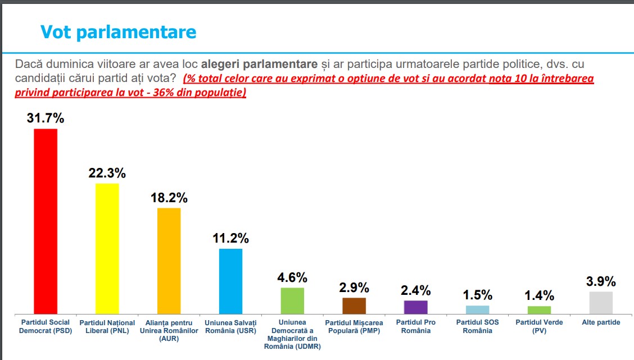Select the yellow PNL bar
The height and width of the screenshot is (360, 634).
pos(107,248)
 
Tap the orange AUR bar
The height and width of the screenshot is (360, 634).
pos(169,261)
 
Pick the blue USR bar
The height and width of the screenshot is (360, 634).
pos(230,281)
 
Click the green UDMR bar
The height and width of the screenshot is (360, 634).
pos(292,300)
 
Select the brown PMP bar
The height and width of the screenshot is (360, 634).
pos(354,306)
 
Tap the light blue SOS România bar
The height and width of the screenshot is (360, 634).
pos(478,309)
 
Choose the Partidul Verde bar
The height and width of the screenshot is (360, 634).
pos(540,309)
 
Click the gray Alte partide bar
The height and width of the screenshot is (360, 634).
pos(601,302)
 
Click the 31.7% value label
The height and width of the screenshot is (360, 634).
pos(46,118)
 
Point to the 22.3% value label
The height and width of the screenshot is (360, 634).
pos(107,173)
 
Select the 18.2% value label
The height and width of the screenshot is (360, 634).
pos(169,198)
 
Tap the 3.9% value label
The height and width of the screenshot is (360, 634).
pos(601,281)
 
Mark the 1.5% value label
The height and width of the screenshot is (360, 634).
pos(478,295)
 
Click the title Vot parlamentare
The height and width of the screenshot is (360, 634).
pos(118,32)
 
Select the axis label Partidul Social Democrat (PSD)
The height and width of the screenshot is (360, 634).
pos(46,326)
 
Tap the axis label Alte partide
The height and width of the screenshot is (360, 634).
pos(601,323)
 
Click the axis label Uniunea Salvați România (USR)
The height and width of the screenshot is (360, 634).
pos(230,326)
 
